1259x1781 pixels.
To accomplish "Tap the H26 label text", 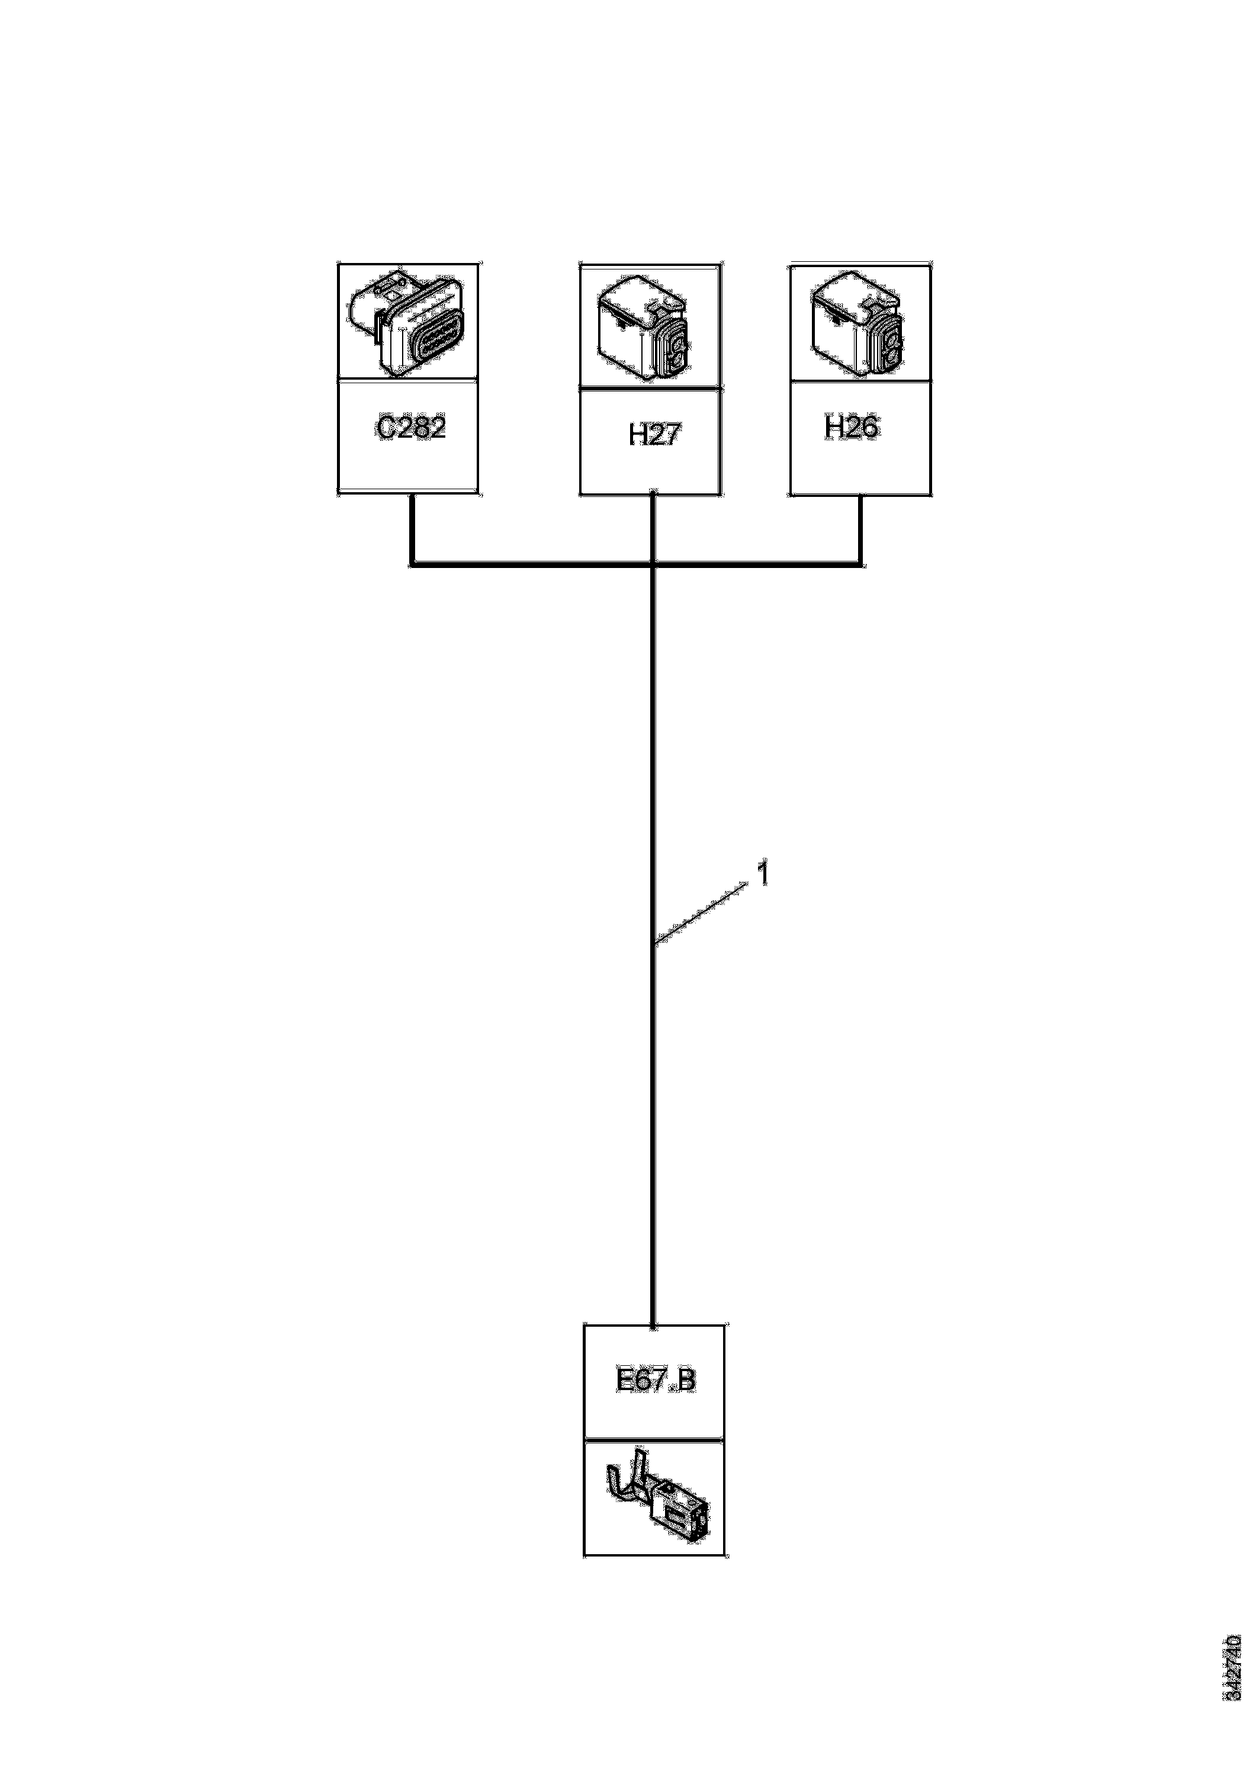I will click(851, 428).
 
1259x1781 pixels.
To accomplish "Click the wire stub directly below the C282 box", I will click(412, 528).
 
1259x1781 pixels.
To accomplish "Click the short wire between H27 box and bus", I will click(654, 528).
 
